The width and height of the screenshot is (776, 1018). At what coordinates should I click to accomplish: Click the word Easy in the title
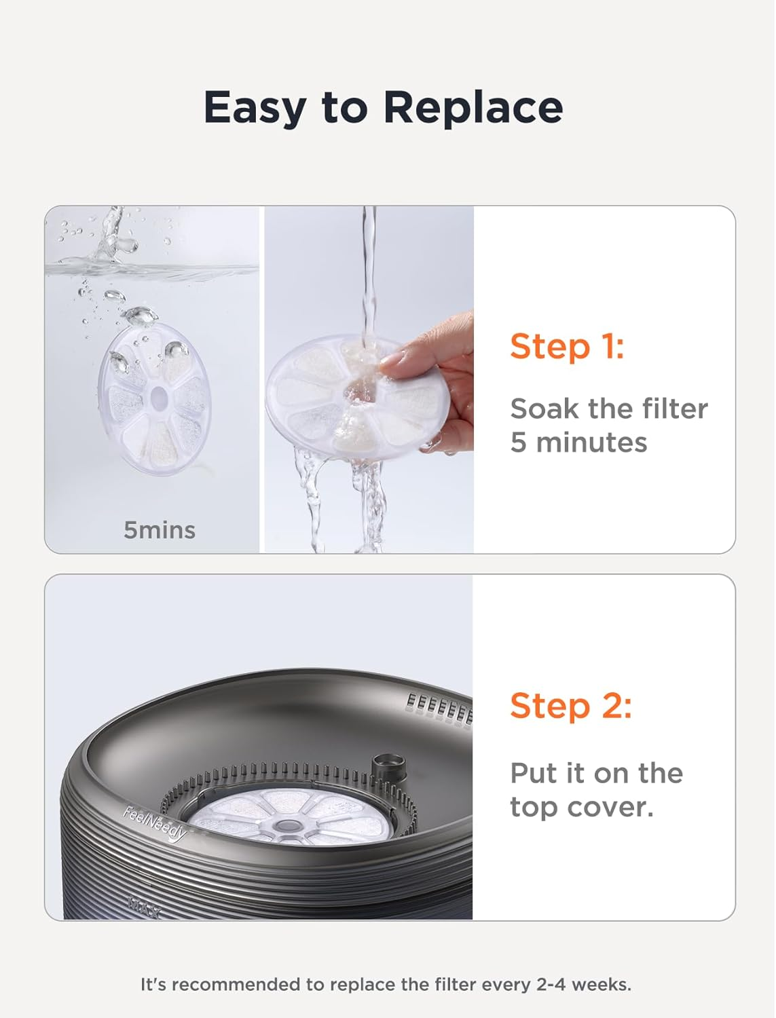[x=254, y=108]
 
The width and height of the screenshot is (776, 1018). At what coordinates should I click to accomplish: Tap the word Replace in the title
[x=473, y=108]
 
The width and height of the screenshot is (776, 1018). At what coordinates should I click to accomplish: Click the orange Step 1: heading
[x=567, y=346]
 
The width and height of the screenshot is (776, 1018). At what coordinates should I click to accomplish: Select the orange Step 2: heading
[x=571, y=705]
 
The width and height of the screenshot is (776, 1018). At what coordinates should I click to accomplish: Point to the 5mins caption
[x=159, y=530]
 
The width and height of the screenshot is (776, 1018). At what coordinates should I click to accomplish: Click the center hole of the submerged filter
[x=159, y=396]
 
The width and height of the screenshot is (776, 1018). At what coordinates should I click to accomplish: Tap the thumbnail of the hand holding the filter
[x=369, y=379]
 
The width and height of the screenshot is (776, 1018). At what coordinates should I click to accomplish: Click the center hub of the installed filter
[x=287, y=825]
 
